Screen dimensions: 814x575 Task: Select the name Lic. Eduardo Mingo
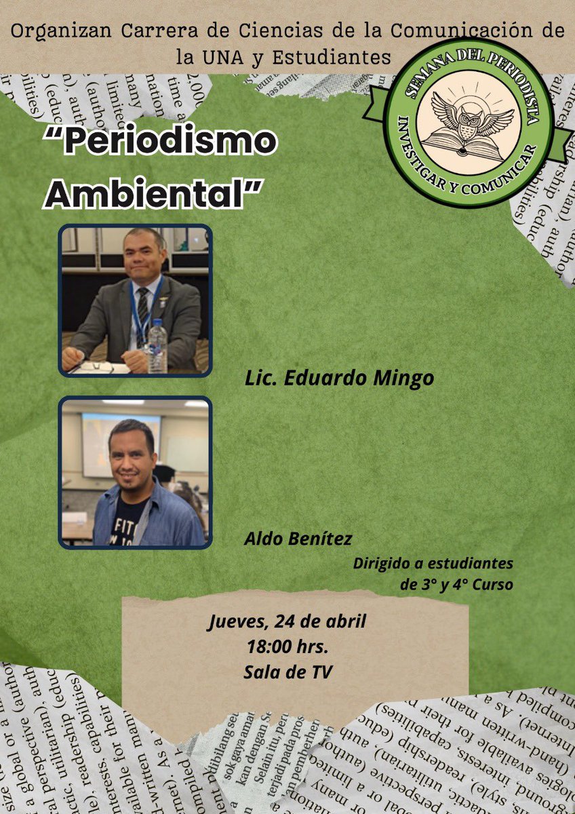(339, 379)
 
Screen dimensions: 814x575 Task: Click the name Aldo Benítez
(298, 539)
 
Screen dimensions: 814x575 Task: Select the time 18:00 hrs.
(288, 646)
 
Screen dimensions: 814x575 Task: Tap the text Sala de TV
(288, 672)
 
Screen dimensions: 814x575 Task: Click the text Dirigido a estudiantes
(433, 563)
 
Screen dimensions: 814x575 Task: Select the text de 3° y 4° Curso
(456, 584)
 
